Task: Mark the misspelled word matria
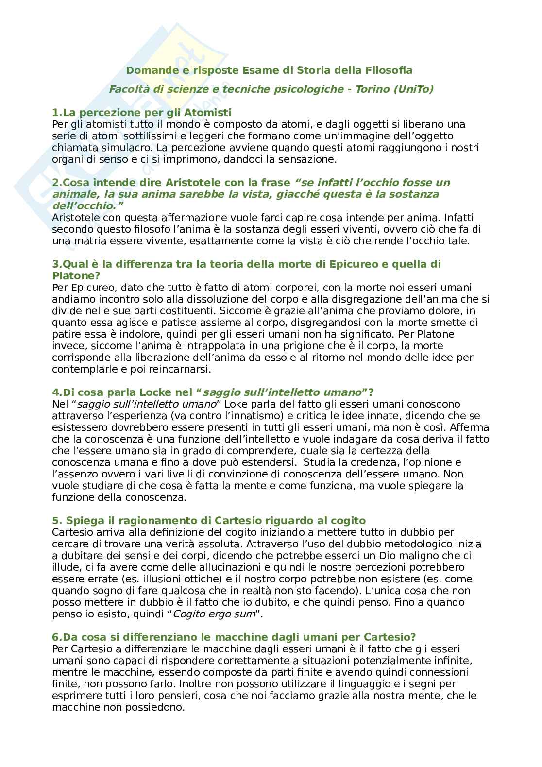(x=83, y=241)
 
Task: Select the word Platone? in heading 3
(x=74, y=276)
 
